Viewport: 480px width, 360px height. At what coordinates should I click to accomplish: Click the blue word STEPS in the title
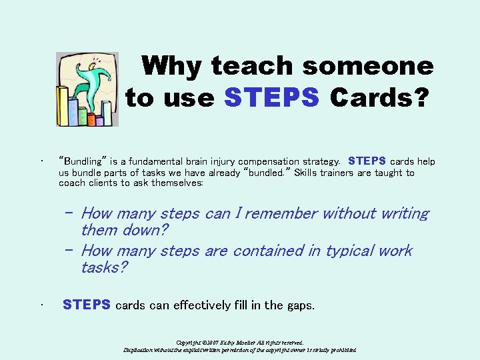(x=272, y=98)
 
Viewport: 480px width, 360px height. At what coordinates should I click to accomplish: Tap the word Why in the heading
(x=172, y=66)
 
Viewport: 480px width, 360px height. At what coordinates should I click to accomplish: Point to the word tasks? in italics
(x=105, y=267)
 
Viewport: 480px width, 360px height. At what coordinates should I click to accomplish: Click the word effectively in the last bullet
(x=209, y=305)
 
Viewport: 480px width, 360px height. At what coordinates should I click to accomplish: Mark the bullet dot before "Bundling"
(x=41, y=161)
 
